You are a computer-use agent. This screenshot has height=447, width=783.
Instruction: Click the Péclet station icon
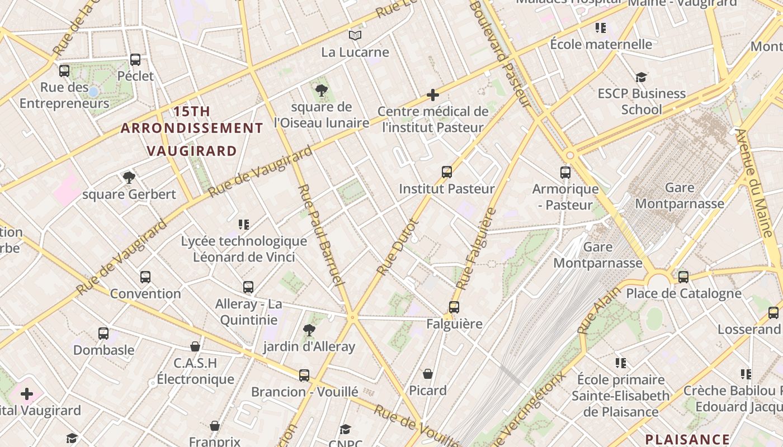pos(135,60)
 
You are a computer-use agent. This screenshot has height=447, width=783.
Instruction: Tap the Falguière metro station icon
pos(454,307)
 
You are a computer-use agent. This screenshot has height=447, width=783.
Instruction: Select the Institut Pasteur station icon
pos(446,172)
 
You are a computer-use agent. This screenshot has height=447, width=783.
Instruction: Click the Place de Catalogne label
pos(683,293)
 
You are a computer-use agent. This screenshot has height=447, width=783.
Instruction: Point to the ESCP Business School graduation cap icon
pos(641,77)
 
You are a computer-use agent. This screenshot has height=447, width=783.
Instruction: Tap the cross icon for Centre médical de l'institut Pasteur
pos(432,95)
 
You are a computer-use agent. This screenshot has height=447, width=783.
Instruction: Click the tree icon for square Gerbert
pos(129,178)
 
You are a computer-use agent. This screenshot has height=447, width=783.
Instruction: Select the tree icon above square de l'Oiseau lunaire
pos(322,90)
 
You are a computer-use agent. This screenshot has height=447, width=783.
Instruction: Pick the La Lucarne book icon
pos(355,36)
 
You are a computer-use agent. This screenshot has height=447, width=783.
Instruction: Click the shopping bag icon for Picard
pos(428,374)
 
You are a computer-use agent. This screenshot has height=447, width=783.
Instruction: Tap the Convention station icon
pos(145,277)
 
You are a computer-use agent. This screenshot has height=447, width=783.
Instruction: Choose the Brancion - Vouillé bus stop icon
pos(304,375)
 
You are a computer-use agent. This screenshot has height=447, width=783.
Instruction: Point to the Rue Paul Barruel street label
pos(321,235)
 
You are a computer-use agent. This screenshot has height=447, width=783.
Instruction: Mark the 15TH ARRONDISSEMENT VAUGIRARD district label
pos(192,131)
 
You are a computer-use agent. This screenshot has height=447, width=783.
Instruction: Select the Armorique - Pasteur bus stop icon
pos(565,172)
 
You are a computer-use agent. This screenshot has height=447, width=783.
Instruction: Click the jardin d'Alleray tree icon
pos(309,330)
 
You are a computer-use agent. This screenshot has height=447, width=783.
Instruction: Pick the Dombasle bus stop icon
pos(103,334)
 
